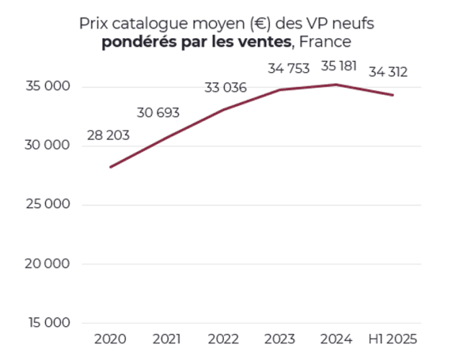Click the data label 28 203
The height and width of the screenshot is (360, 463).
point(109,135)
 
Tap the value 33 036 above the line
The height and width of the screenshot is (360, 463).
point(225,89)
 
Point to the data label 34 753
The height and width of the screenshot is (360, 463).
point(288,69)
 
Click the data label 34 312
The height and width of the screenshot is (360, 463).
point(388,72)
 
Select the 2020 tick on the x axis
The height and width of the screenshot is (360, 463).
point(110,338)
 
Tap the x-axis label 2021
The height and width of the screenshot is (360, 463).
point(167,338)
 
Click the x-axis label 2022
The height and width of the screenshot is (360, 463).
point(223,338)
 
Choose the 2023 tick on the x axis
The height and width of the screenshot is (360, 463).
point(280,338)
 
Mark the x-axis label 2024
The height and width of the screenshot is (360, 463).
point(336,338)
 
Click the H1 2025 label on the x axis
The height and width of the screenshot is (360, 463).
point(392,338)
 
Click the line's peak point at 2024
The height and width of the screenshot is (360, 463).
point(336,84)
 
